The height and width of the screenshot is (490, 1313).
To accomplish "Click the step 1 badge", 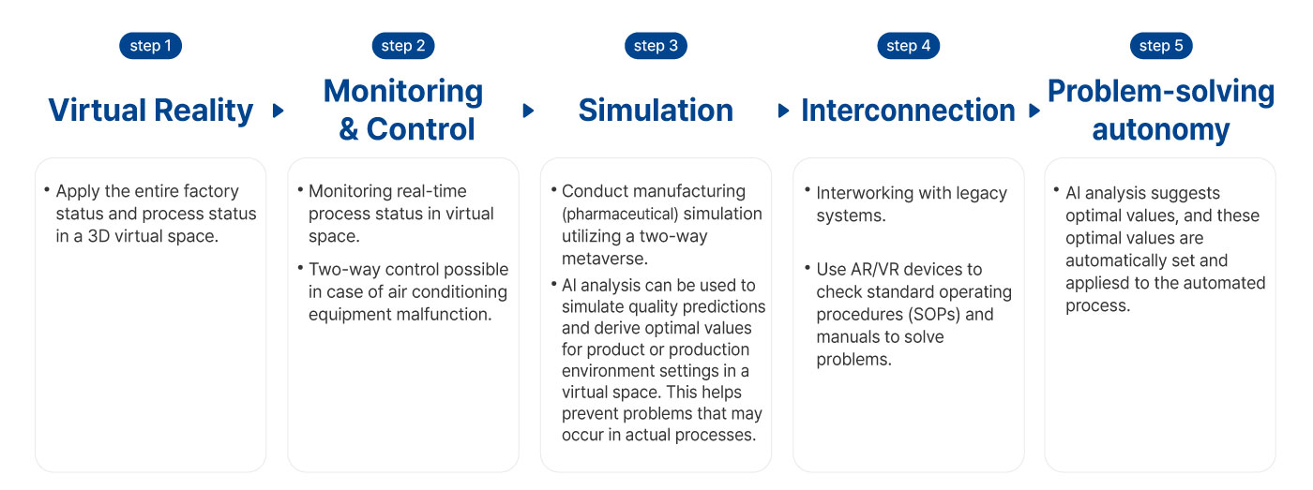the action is coord(151,46).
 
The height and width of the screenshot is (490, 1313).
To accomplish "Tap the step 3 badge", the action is coord(656,46).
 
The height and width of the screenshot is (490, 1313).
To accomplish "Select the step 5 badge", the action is coord(1161,46).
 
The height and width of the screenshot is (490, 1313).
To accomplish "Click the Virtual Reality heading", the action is coord(151,111).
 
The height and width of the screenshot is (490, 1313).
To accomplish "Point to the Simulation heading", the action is coord(656,110).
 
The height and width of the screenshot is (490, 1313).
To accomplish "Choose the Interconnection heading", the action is coord(908,110).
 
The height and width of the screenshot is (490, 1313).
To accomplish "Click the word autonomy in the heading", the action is coord(1161,130).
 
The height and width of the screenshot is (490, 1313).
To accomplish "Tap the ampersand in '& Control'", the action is coord(348,128).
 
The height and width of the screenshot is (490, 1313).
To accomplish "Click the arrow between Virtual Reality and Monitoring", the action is coord(279,110).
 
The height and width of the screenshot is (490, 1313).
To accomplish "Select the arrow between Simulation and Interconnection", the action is coord(783,110).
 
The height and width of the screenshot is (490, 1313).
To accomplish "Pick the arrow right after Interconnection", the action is coord(1034,110).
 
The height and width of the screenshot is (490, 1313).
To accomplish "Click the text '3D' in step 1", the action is coord(98,236).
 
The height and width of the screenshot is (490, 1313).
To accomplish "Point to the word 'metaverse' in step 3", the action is coord(602,259).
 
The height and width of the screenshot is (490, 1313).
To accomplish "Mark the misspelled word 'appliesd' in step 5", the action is coord(1097,283).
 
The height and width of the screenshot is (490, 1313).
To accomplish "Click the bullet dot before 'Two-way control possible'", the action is coord(300,268).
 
